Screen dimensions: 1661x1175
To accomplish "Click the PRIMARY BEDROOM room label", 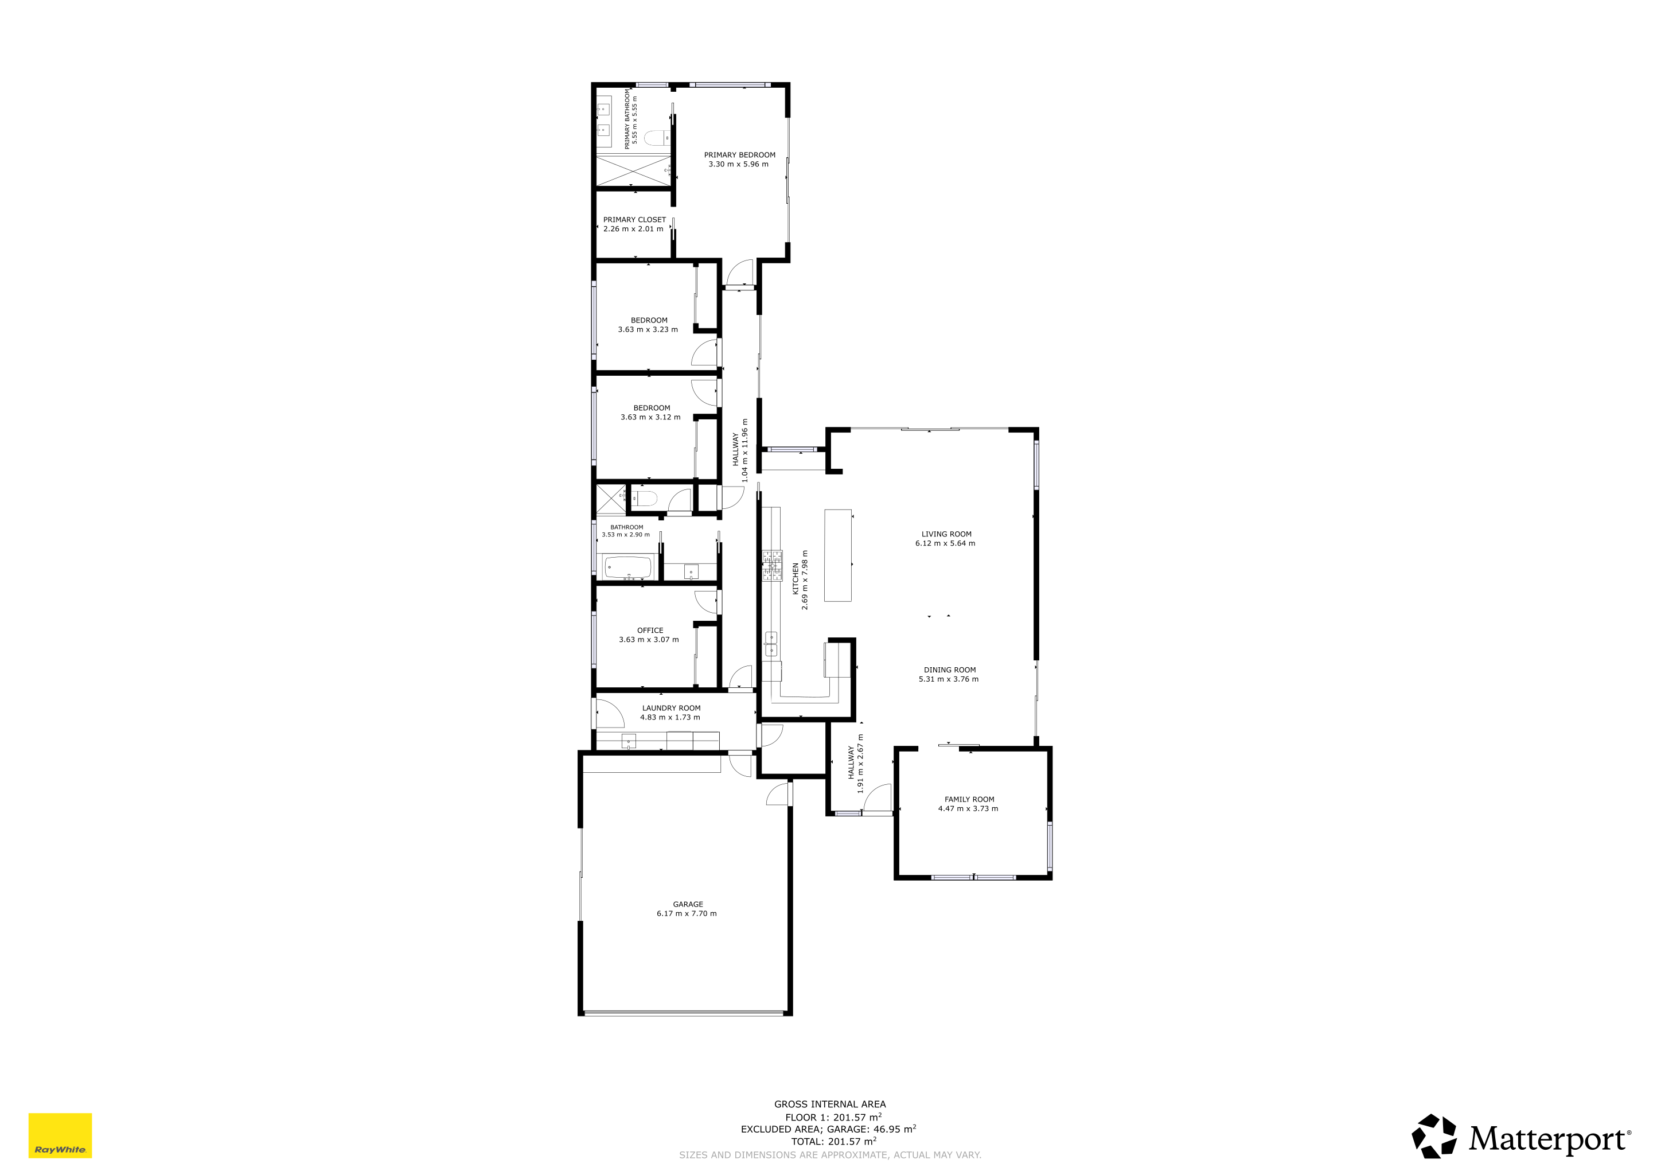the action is click(739, 155).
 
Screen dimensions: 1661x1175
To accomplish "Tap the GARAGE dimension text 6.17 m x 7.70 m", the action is click(687, 914).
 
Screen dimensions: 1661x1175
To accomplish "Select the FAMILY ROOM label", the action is click(969, 799).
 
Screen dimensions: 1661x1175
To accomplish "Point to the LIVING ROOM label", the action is click(946, 534).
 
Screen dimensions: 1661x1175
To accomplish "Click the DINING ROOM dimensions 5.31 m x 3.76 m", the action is click(949, 679).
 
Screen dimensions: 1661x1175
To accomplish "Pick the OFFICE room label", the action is click(650, 630).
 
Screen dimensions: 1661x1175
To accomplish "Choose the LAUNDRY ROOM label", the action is click(670, 709).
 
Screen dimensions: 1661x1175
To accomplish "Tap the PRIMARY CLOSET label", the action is click(634, 220).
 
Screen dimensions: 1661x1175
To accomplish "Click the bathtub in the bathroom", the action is click(628, 567).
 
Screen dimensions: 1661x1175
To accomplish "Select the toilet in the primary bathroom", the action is click(656, 138).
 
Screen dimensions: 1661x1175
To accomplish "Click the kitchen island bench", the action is click(838, 555).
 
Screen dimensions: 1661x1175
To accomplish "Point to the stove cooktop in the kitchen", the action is click(772, 566).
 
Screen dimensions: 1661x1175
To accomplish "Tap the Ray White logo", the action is click(60, 1135).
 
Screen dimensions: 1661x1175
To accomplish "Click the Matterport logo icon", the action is click(1434, 1136).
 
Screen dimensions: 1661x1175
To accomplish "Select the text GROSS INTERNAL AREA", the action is click(830, 1104).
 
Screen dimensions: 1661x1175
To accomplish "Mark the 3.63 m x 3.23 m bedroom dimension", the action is click(648, 330).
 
